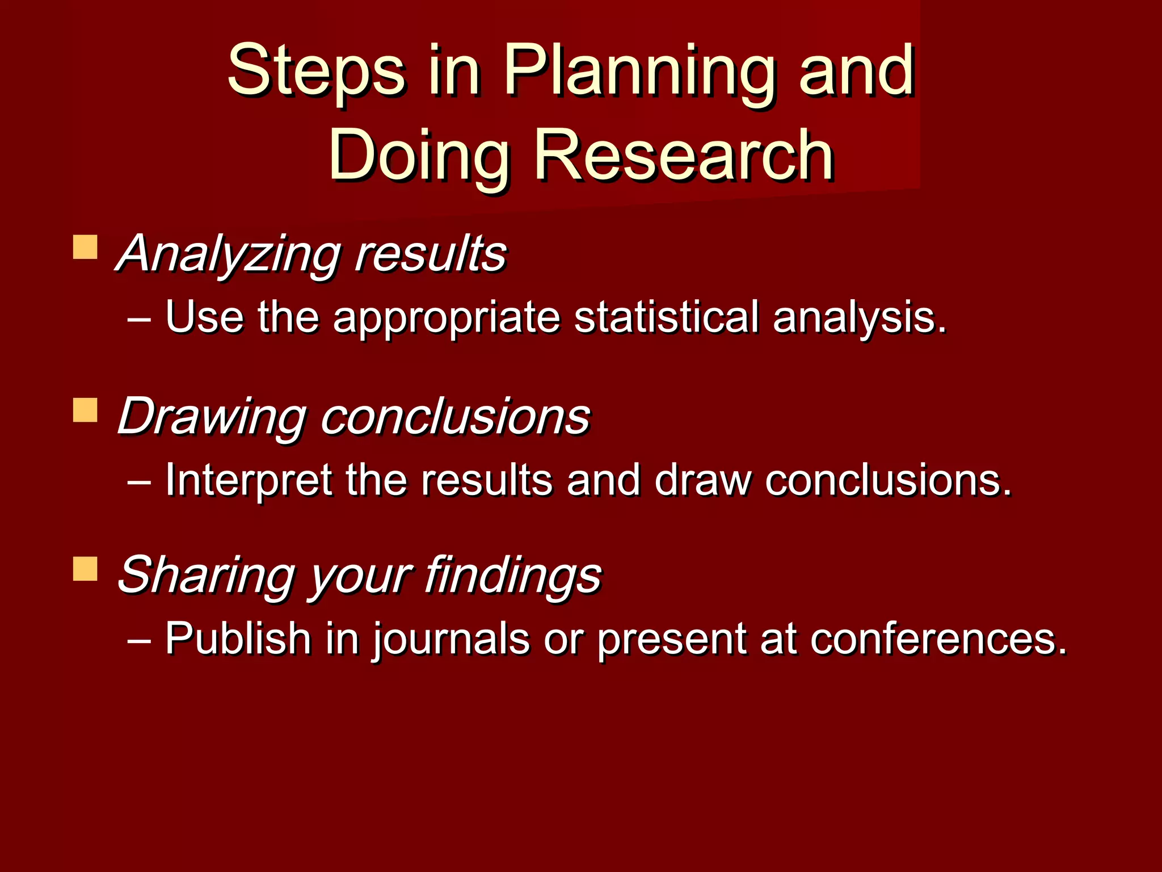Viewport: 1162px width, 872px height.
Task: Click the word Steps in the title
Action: coord(316,71)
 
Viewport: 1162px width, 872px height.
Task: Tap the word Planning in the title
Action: coord(639,71)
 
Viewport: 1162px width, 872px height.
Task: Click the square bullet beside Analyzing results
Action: coord(85,248)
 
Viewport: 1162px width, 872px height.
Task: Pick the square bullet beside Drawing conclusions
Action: coord(85,410)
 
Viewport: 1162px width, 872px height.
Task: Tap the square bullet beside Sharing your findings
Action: coord(85,568)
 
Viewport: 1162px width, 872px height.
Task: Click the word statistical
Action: coord(666,317)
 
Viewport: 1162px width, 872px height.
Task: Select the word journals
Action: coord(451,639)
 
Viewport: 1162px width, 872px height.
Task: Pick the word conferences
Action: coord(938,638)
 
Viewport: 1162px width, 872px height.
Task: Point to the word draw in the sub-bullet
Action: coord(702,480)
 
